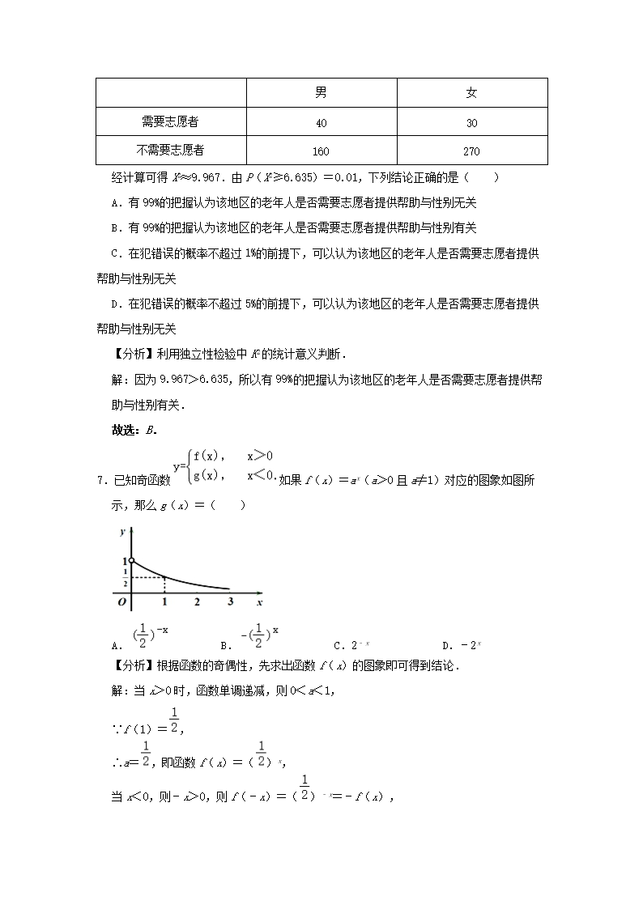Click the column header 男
(321, 93)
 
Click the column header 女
(471, 93)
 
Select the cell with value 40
(321, 122)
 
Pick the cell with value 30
(471, 122)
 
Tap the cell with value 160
(321, 151)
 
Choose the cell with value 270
(471, 151)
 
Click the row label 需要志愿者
(170, 122)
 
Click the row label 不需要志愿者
(170, 151)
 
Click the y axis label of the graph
(121, 532)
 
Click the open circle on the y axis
(131, 559)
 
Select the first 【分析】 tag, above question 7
(129, 354)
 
